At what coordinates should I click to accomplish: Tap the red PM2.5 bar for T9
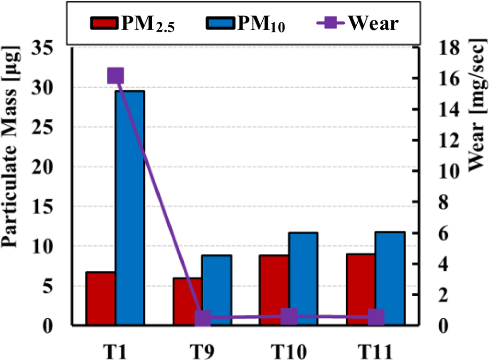coord(187,302)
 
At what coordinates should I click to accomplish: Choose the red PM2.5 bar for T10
coord(274,290)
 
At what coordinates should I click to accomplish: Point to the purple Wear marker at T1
coord(115,76)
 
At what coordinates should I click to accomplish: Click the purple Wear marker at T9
coord(202,318)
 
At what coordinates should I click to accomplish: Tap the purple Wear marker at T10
coord(289,317)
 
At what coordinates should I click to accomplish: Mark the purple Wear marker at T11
coord(376,318)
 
